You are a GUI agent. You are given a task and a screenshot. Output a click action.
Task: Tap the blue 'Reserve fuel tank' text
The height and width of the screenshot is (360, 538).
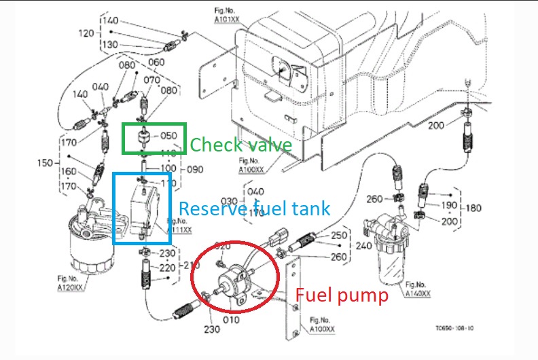[253, 209]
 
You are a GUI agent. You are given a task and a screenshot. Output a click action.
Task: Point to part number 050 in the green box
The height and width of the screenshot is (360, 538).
[169, 136]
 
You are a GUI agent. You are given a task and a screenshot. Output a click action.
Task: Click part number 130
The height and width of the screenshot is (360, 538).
[110, 44]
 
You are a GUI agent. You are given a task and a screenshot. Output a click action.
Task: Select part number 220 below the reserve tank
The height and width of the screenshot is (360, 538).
[167, 268]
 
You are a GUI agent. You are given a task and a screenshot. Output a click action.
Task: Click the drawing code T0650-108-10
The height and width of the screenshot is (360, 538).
[454, 328]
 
